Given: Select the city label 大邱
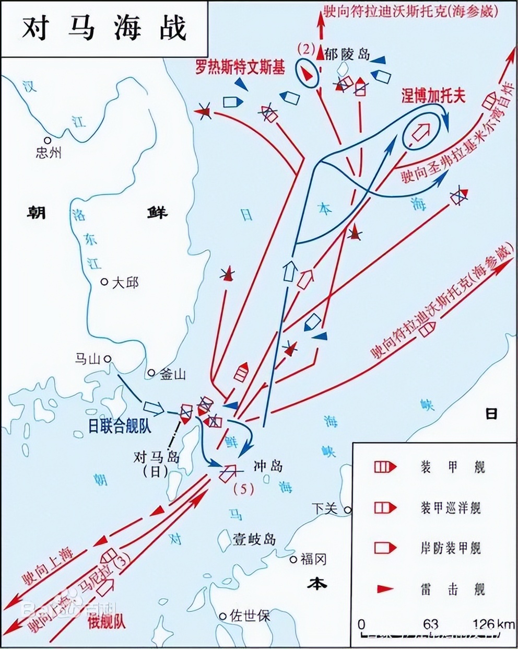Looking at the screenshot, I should [125, 283].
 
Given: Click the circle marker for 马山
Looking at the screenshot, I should [108, 358].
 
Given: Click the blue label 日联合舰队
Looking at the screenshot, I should [120, 426].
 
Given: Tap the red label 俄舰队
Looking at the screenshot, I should [107, 621].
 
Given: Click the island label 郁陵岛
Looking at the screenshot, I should [347, 54].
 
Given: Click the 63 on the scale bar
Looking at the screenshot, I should [431, 624].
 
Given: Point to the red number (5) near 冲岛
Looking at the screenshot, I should [243, 489].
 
